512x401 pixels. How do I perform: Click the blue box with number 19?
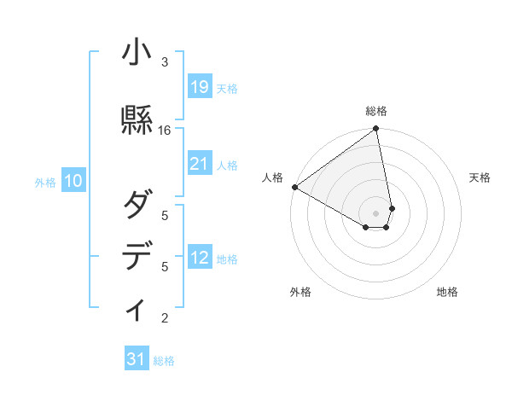pos(200,87)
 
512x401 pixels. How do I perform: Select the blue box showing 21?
pos(200,164)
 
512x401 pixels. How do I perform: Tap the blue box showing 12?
pos(200,258)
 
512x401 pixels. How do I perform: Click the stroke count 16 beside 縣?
pos(165,131)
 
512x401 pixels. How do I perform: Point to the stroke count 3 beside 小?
pos(165,62)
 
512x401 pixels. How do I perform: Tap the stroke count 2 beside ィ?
pos(165,318)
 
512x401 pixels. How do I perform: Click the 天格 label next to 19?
pos(227,88)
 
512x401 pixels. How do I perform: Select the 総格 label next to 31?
pos(164,361)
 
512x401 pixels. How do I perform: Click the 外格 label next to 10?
pos(45,182)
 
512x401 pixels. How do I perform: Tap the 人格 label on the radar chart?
pos(272,177)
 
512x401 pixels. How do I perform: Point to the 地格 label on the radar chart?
pos(447,292)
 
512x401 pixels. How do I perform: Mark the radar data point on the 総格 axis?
pos(376,130)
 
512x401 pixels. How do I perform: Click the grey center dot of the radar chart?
pos(376,212)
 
